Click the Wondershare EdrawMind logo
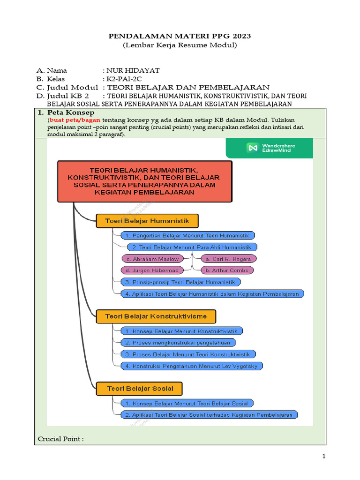point(270,148)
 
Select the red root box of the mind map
point(144,181)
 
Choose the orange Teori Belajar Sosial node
point(140,389)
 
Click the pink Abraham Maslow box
point(156,259)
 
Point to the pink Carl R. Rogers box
point(229,259)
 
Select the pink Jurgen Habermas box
point(156,270)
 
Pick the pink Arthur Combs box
point(227,270)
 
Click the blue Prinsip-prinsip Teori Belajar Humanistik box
point(180,282)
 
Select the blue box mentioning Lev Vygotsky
point(192,366)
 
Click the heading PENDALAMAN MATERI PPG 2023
point(180,36)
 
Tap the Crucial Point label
point(60,439)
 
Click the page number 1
point(323,457)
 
